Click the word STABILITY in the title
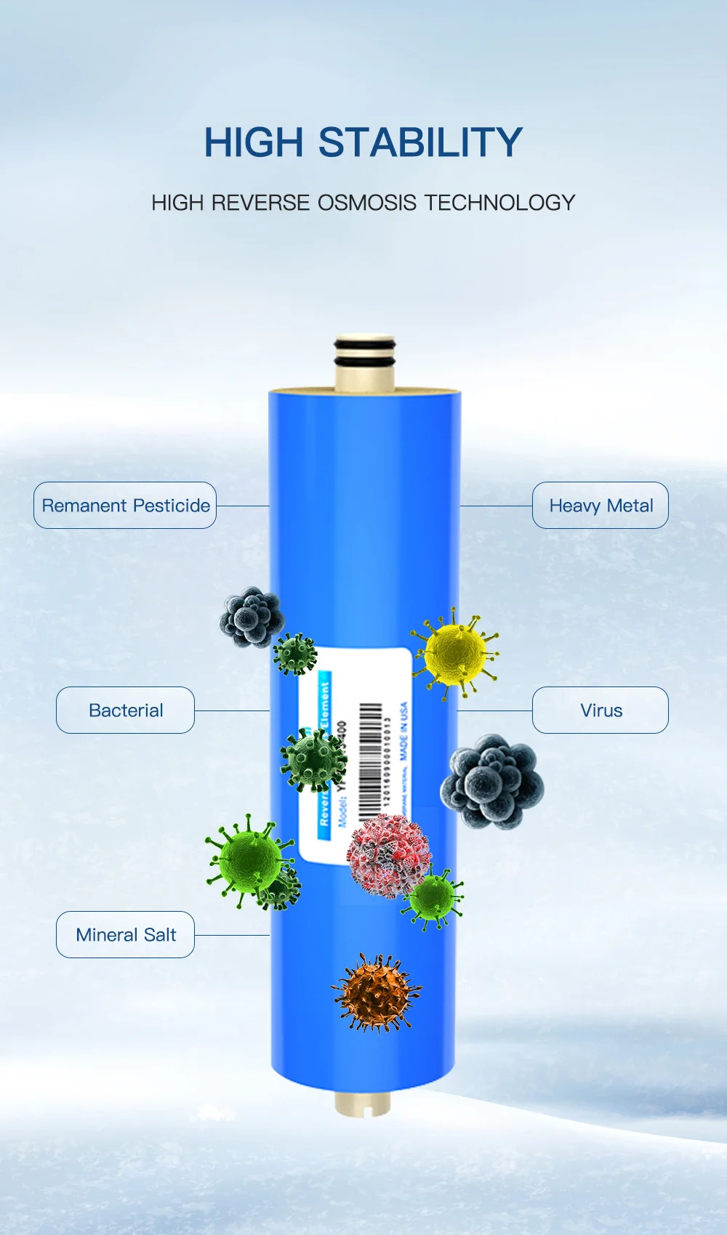420,142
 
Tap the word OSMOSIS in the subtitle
367,203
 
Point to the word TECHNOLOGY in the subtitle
499,203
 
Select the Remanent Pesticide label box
125,505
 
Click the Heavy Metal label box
601,505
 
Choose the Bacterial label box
125,710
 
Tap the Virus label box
601,710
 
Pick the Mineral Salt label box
125,934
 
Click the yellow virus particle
456,652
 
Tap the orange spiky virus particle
376,993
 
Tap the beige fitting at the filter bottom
363,1104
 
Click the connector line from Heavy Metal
496,506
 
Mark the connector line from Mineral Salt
232,935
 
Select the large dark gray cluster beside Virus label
492,782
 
